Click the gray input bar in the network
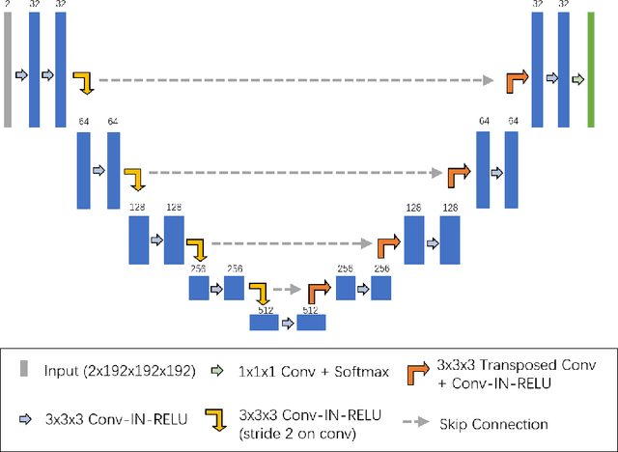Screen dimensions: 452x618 pyautogui.click(x=9, y=71)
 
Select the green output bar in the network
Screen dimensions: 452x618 pyautogui.click(x=591, y=71)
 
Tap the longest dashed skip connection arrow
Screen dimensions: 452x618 pyautogui.click(x=299, y=79)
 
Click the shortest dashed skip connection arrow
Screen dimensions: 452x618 pyautogui.click(x=286, y=288)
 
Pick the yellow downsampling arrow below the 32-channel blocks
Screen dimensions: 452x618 pyautogui.click(x=85, y=82)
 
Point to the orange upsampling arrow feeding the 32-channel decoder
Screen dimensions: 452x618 pyautogui.click(x=517, y=82)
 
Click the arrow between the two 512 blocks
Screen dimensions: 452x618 pyautogui.click(x=287, y=323)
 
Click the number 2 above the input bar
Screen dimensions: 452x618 pyautogui.click(x=9, y=5)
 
